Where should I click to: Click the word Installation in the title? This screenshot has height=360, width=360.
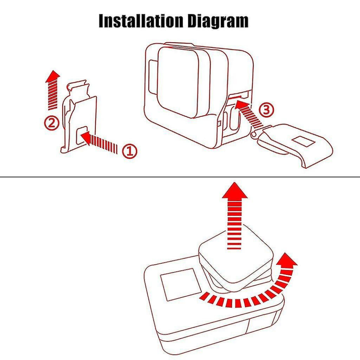pos(141,21)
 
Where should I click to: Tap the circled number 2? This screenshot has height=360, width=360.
pos(52,123)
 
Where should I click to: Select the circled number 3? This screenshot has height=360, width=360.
pos(266,110)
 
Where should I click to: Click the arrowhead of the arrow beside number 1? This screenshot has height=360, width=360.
pos(85,137)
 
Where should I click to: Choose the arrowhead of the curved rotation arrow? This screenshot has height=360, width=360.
pos(287,260)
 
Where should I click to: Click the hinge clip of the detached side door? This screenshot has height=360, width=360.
pos(255,134)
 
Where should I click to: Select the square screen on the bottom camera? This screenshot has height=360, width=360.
pos(179,284)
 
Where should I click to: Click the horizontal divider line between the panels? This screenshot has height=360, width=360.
pos(180,177)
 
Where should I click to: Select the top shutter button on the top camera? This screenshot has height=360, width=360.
pos(179,45)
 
